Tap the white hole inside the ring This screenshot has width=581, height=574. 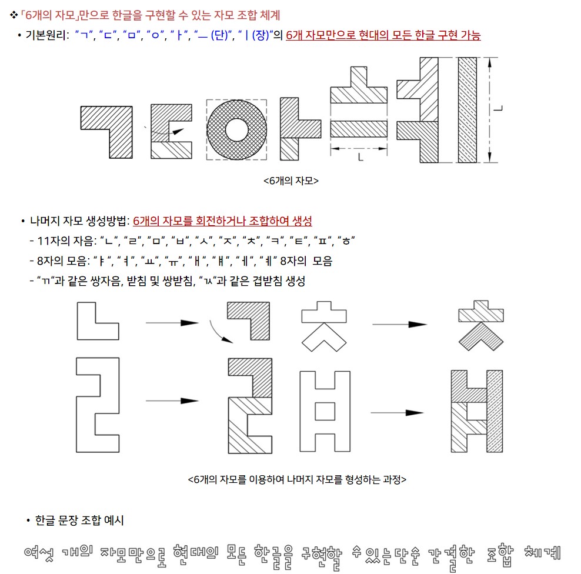point(236,130)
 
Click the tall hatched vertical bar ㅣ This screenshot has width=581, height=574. point(468,110)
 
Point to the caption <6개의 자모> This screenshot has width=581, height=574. point(291,181)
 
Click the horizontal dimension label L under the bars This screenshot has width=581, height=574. point(360,158)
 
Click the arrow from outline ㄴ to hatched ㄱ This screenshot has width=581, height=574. point(172,323)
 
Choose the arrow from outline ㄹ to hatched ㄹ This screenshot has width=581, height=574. point(172,401)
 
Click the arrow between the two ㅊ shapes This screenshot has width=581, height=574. point(399,324)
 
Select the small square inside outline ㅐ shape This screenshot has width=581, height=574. point(325,412)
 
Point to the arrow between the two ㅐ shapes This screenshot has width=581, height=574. point(397,412)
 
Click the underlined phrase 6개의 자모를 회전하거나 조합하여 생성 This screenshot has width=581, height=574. point(222,221)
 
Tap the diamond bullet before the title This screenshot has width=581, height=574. point(14,15)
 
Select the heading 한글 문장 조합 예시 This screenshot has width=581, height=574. point(79,520)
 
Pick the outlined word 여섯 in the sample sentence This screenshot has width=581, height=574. point(39,553)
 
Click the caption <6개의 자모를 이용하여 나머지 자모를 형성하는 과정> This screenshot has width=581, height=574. point(297,479)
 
